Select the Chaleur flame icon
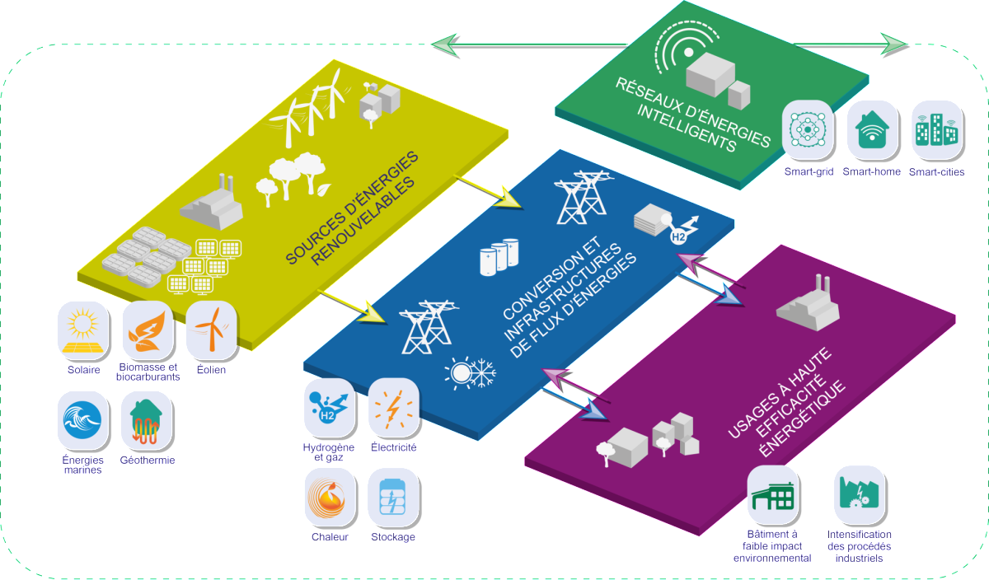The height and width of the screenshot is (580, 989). [x=330, y=497]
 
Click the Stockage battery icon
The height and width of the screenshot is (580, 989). [x=393, y=497]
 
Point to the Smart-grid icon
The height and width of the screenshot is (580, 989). [x=809, y=129]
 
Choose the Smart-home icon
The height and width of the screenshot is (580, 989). [x=872, y=129]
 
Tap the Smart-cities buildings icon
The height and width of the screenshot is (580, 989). [x=936, y=129]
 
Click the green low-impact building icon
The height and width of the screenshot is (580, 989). [x=773, y=494]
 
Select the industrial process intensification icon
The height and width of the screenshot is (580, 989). [x=859, y=494]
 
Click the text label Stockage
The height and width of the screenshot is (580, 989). [x=393, y=537]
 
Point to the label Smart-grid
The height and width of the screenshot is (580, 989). [x=809, y=172]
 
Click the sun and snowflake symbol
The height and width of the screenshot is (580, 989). [x=471, y=373]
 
